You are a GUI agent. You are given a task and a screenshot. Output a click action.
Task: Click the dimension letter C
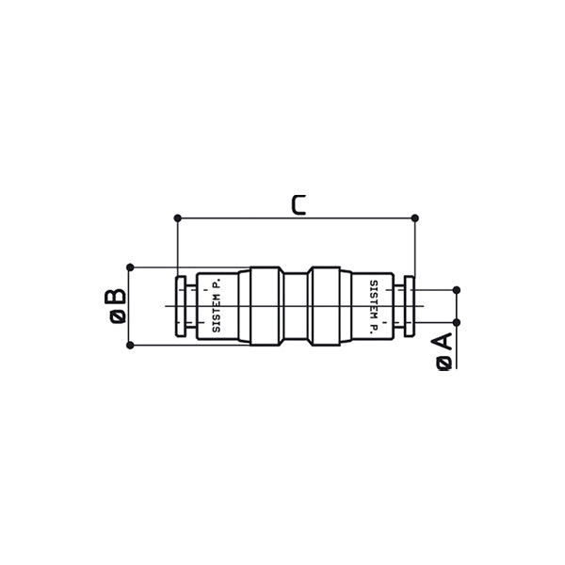(298, 203)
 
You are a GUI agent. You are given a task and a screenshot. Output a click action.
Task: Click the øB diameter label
(115, 307)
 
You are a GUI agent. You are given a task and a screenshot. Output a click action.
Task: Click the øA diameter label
(444, 351)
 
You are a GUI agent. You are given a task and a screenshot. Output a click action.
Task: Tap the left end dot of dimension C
(177, 218)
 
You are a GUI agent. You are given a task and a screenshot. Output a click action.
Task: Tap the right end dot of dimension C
(415, 218)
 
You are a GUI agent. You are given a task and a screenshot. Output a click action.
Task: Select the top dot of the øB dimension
(130, 267)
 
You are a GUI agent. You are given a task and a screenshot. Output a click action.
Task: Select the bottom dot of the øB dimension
(130, 345)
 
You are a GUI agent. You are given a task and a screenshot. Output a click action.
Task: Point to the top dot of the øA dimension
(457, 289)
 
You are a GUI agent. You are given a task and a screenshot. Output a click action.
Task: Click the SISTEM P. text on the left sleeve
(218, 307)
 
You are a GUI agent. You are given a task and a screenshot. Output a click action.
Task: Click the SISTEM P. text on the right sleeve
(374, 306)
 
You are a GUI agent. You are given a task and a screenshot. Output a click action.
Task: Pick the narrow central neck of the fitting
(296, 306)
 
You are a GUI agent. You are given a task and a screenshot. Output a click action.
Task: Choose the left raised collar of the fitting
(260, 306)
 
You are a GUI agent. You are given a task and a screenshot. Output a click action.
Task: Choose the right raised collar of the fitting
(331, 306)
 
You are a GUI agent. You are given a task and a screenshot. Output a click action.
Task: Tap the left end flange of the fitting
(179, 306)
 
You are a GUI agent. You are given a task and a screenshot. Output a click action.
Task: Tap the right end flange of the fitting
(410, 306)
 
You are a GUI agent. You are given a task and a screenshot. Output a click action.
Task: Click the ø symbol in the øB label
(115, 318)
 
